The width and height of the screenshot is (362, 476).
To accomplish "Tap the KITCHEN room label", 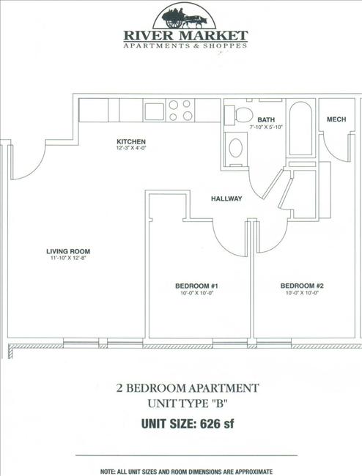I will pyautogui.click(x=131, y=141).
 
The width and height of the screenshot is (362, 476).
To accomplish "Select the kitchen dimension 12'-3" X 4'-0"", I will pyautogui.click(x=131, y=149).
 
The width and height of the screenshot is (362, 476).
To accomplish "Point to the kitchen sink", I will pyautogui.click(x=155, y=111).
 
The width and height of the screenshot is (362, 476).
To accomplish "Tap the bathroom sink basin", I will pyautogui.click(x=236, y=148).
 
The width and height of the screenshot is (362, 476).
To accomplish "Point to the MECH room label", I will pyautogui.click(x=336, y=119).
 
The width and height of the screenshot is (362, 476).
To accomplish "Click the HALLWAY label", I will pyautogui.click(x=226, y=198).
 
